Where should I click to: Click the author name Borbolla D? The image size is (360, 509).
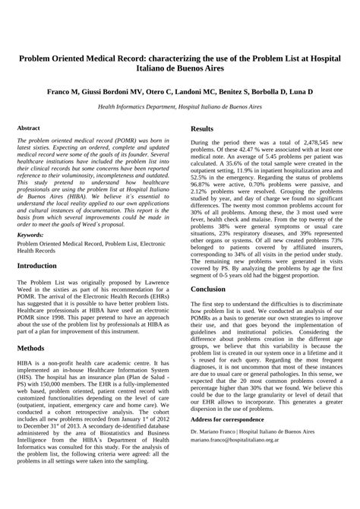tap(261, 91)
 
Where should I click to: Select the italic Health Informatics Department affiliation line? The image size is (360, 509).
tap(180, 107)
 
